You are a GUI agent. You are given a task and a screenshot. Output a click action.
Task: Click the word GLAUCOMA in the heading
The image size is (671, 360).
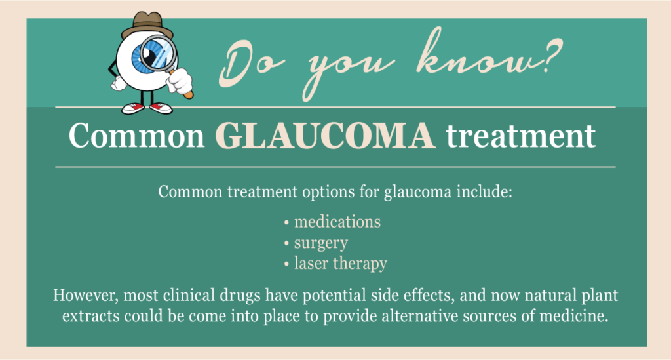pos(325,136)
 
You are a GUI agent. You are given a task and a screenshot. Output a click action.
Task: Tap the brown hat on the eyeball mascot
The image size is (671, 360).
pos(147,26)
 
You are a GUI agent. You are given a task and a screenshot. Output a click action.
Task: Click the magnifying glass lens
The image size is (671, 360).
pos(159,54)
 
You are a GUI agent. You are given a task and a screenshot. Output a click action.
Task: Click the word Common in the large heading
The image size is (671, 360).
pos(137,136)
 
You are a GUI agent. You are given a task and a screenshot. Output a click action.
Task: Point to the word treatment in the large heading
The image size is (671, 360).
pos(520,136)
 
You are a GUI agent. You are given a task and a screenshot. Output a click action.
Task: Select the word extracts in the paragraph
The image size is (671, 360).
pos(90,316)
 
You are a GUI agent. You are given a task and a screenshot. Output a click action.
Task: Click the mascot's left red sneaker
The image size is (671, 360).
pos(132,108)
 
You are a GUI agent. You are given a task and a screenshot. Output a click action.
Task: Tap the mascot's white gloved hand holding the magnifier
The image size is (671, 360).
pos(179,81)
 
